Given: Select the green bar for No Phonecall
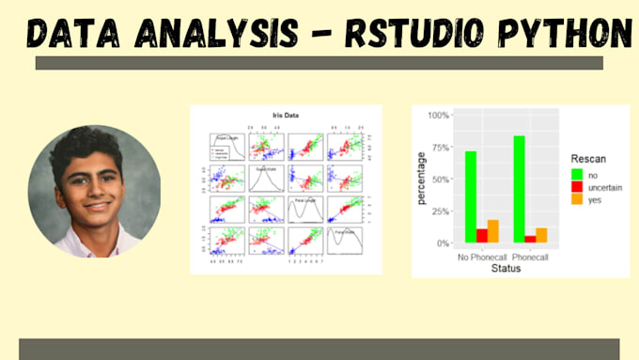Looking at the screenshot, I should (x=470, y=196).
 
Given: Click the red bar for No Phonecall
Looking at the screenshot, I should (x=482, y=236).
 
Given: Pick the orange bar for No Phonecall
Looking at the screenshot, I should (x=493, y=231).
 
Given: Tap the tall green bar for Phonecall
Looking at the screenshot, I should (x=519, y=189).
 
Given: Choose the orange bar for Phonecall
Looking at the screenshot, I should (x=542, y=235).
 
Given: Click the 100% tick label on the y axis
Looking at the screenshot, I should (x=437, y=116).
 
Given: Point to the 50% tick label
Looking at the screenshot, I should (x=440, y=180).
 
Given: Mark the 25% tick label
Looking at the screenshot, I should (x=440, y=211).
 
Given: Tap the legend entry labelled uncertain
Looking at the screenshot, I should (x=607, y=188).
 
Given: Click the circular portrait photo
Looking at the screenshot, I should (x=94, y=192).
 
